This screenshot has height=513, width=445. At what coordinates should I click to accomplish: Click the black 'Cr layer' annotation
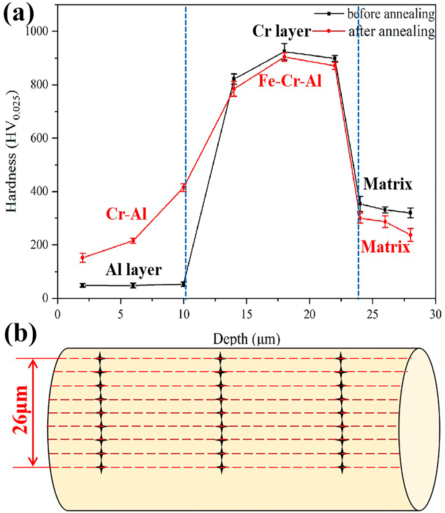[x=282, y=31]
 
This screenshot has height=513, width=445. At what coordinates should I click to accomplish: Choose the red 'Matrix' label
[x=385, y=246]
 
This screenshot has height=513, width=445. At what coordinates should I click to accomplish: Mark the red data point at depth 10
[x=183, y=187]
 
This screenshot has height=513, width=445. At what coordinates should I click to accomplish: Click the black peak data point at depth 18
[x=284, y=51]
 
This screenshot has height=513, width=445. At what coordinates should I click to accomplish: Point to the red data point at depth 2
[x=82, y=258]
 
